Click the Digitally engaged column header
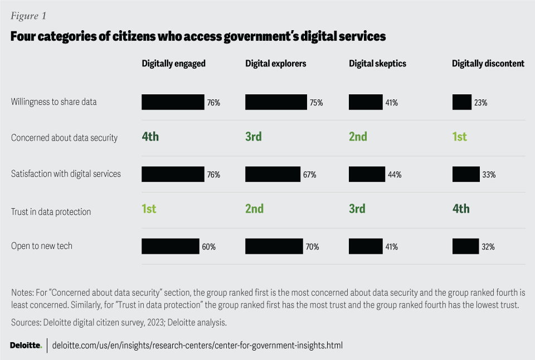[x=173, y=64]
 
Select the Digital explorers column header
[x=275, y=64]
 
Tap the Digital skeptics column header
[x=377, y=64]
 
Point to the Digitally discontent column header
[x=488, y=64]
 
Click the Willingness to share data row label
[x=53, y=102]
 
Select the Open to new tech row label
[x=42, y=246]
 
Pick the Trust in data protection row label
[x=51, y=212]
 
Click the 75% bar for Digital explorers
[x=276, y=102]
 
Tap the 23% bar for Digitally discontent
[x=462, y=102]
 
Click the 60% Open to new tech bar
[x=170, y=246]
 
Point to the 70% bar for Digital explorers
[x=274, y=246]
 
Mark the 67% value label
[x=310, y=175]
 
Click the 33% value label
[x=489, y=175]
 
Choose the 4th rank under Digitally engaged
[x=150, y=137]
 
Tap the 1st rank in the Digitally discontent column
[x=459, y=137]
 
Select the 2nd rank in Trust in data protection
[x=254, y=209]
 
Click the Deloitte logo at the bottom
[x=26, y=346]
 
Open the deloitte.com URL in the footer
[x=197, y=346]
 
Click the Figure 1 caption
[x=28, y=16]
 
